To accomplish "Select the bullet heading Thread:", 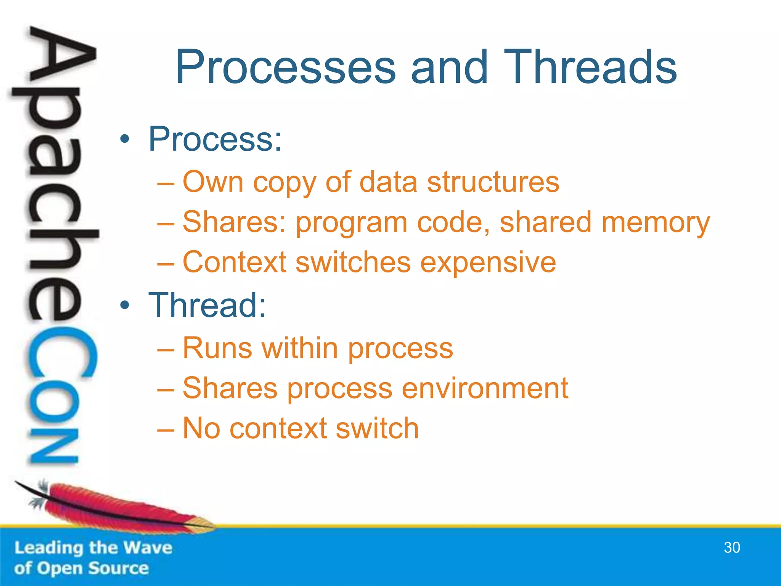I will pos(207,305).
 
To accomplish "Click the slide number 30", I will pos(731,547).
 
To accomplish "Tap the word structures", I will pos(493,182).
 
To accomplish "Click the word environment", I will pos(485,388).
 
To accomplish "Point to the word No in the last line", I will pos(201,428).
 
